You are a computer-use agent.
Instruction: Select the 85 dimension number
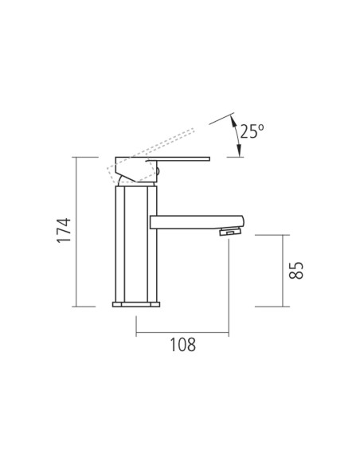coord(295,270)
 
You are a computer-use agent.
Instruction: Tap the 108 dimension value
coord(182,344)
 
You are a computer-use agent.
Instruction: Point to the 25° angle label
coord(251,131)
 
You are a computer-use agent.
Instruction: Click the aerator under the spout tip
coord(230,232)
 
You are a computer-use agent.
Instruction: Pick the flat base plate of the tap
coord(136,303)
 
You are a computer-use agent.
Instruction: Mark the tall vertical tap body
coord(133,243)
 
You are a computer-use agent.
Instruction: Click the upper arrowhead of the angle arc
coord(232,119)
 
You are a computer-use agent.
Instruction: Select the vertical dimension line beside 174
coord(77,231)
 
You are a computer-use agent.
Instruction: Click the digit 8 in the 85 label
coord(295,276)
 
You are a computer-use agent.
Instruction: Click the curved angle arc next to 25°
coord(238,137)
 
